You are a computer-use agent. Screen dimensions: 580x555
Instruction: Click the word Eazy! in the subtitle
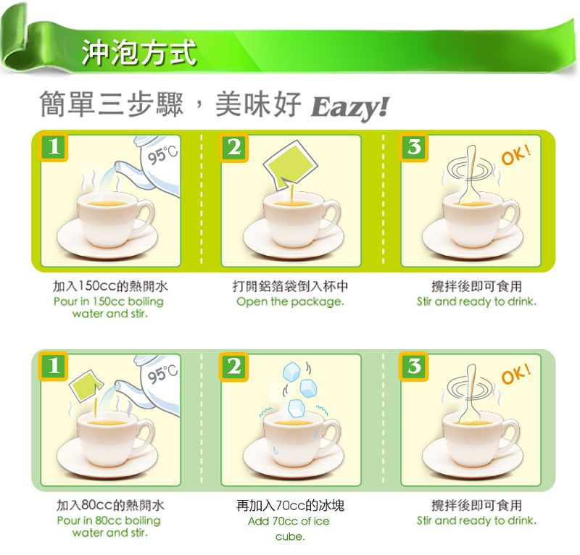350,108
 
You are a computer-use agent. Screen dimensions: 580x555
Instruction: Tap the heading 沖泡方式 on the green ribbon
139,53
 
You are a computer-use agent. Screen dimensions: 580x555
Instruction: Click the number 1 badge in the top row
54,147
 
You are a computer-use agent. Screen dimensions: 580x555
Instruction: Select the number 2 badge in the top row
234,147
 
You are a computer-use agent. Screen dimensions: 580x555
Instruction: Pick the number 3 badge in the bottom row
414,367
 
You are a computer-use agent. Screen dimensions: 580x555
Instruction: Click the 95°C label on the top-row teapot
163,154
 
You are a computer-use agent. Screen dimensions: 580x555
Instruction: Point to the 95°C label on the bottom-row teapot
163,374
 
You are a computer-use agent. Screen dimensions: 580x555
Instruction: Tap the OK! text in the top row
516,155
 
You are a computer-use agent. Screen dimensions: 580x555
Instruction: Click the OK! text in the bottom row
516,374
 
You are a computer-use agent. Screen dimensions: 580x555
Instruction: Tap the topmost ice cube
292,371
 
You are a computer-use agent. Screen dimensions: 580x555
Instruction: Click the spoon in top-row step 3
469,175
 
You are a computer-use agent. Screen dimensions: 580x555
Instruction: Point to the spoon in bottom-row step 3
469,395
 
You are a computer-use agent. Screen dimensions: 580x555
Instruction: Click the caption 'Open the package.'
291,301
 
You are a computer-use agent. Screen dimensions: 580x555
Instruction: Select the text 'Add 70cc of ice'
289,521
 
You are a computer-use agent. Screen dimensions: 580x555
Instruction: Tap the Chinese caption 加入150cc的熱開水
110,285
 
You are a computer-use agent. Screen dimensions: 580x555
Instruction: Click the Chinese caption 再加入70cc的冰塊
291,505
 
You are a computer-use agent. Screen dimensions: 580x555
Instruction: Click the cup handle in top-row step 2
331,214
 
